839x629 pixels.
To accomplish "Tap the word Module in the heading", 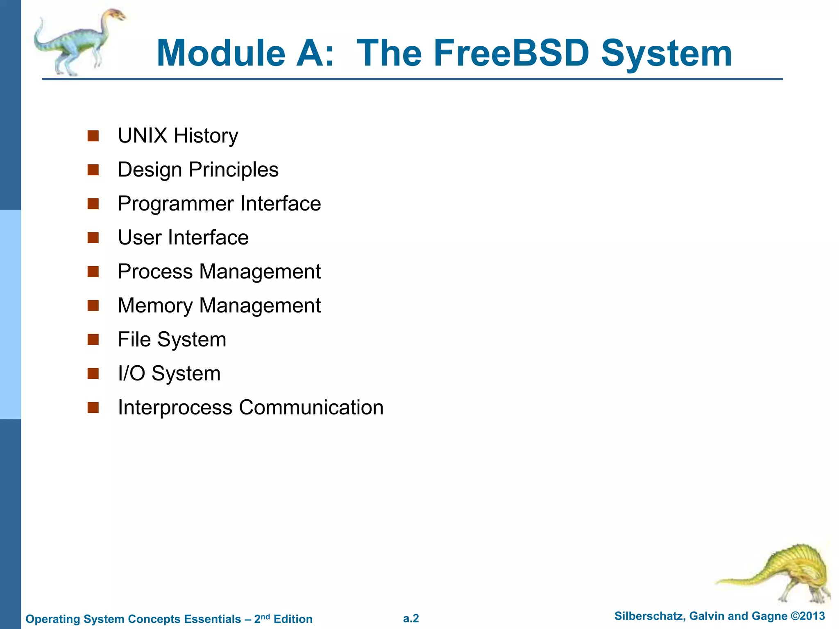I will (221, 53).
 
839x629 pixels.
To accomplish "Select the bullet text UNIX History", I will (178, 136).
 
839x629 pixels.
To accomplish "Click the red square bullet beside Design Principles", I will (93, 170).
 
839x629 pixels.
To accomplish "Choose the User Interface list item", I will (183, 238).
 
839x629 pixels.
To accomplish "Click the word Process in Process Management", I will (155, 272).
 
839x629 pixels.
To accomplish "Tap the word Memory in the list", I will (155, 306).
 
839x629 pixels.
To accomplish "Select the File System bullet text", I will (172, 339).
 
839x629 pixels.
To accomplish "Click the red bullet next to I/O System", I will (93, 373).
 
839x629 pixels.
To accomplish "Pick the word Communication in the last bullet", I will (311, 407).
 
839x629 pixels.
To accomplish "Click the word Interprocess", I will (175, 407).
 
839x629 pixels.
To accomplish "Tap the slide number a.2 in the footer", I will (411, 618).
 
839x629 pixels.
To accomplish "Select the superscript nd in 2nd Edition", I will (265, 616).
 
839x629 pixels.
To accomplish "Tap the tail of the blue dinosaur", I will (39, 35).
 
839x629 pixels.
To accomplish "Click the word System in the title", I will (667, 53).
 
